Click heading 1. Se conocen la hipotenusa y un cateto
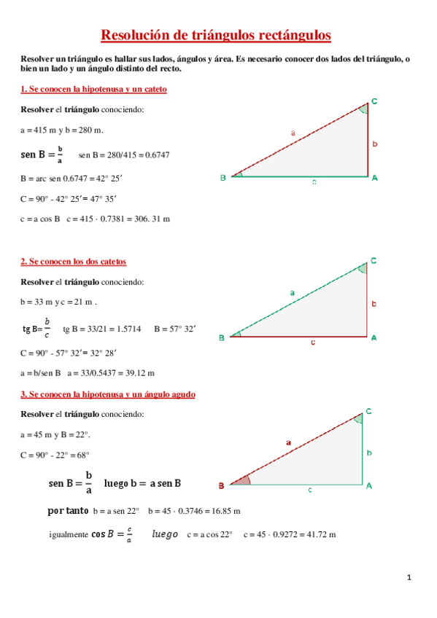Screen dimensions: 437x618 coord(93,89)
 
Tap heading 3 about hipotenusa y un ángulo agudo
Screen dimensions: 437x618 coord(107,394)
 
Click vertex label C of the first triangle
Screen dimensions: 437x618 coord(374,101)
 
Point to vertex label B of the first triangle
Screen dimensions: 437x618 coord(223,177)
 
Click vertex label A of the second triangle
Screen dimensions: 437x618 coord(374,337)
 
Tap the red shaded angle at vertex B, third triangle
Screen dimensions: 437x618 coord(240,481)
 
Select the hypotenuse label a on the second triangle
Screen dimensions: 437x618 coord(292,293)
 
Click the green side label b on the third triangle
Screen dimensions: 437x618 coord(369,453)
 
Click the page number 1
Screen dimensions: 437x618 coord(409,578)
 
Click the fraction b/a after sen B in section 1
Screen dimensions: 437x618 coord(60,154)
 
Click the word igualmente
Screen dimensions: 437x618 coord(68,534)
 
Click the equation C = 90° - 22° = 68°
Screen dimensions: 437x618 coord(55,455)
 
